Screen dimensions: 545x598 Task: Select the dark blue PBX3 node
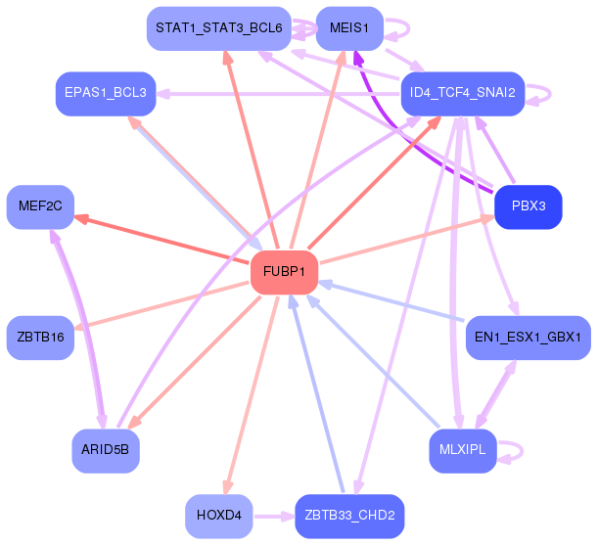529,206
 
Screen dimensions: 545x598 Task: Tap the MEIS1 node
349,28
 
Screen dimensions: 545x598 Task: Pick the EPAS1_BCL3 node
105,93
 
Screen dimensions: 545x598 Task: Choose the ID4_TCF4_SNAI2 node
463,93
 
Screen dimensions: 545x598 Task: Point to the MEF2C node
40,206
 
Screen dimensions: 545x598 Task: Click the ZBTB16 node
40,337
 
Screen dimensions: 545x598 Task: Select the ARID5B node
105,450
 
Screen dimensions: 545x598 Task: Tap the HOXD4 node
219,515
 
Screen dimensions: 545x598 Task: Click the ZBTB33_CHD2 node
349,515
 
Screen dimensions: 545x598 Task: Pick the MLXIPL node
463,450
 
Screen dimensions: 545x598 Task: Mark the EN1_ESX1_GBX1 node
529,337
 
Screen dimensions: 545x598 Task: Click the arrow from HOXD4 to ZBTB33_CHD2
274,515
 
